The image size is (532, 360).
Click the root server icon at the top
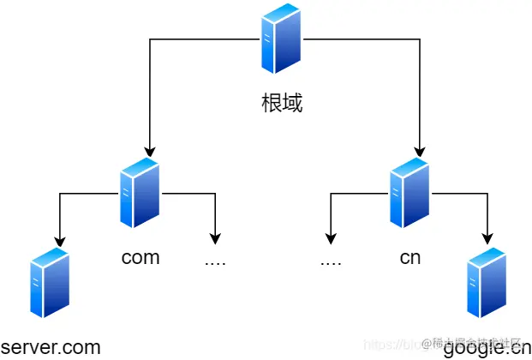[x=282, y=39]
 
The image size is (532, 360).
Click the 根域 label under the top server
[x=282, y=105]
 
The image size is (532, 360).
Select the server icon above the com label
[x=140, y=193]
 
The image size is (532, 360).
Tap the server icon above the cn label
[x=409, y=193]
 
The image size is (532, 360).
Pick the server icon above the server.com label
[x=49, y=284]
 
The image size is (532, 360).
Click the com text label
[x=140, y=257]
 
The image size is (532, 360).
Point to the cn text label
[x=410, y=257]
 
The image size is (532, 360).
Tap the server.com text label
[x=51, y=347]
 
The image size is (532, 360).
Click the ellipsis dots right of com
[x=215, y=260]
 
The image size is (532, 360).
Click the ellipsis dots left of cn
[x=331, y=260]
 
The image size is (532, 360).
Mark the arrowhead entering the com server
[x=150, y=151]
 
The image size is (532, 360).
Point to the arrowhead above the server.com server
[x=59, y=238]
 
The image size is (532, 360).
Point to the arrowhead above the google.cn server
[x=487, y=238]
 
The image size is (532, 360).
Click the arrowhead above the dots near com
[x=215, y=238]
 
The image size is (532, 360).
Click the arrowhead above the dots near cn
[x=331, y=238]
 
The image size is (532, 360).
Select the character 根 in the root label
[x=272, y=105]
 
